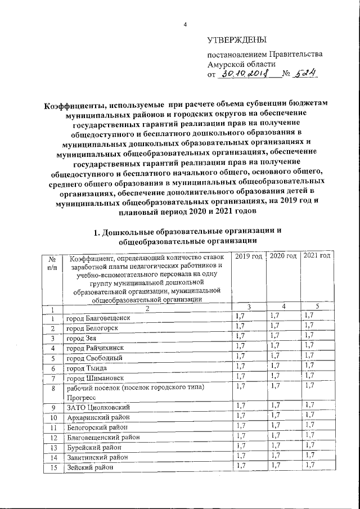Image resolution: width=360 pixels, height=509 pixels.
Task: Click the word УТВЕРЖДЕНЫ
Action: point(236,40)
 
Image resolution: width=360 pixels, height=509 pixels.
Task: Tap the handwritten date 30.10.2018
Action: point(245,73)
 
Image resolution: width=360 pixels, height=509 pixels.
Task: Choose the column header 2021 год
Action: point(317,256)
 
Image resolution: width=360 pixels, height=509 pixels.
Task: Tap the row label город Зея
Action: point(81,338)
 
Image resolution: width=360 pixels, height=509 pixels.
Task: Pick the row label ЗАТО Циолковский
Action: point(98,407)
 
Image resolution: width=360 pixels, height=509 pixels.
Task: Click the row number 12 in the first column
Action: point(52,437)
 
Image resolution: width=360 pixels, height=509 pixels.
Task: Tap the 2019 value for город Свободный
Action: point(240,357)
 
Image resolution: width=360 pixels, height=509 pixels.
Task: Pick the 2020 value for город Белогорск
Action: point(274,327)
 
